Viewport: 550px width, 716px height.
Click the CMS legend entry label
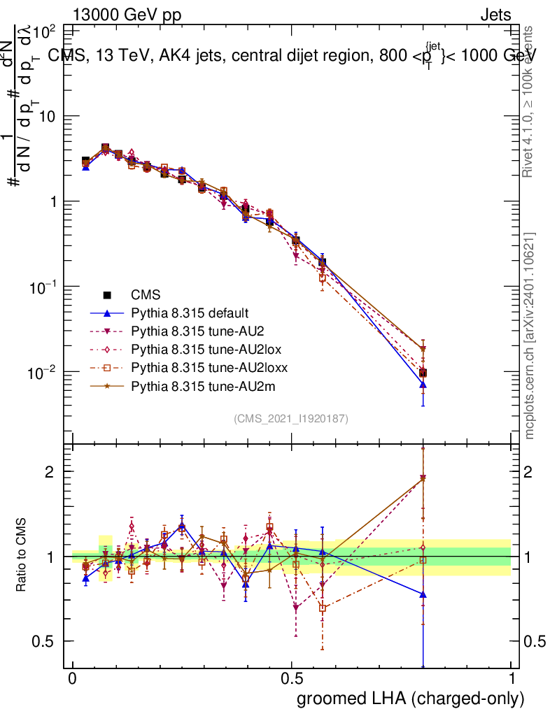(146, 295)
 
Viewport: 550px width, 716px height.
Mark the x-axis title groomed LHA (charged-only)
(411, 699)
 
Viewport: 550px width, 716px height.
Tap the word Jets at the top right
(495, 15)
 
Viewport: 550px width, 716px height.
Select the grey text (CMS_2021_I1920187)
(291, 418)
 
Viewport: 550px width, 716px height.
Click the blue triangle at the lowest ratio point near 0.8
(423, 594)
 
